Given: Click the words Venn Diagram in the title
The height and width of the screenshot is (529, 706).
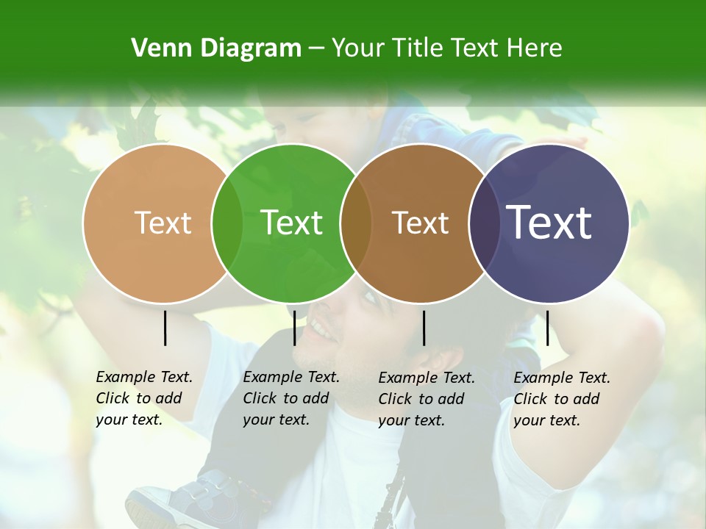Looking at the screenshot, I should [216, 48].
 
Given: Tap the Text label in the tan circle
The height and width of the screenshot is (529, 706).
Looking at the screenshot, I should [163, 223].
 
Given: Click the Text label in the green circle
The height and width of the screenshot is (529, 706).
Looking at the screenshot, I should [292, 223].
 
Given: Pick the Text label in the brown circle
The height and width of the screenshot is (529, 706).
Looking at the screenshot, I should [421, 223].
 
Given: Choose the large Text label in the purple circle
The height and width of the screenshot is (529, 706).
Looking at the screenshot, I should [549, 223].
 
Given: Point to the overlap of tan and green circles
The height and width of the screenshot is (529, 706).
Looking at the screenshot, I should [227, 223].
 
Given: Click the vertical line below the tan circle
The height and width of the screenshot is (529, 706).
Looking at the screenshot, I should [165, 328].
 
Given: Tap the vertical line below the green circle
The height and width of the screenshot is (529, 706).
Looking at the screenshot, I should [295, 328].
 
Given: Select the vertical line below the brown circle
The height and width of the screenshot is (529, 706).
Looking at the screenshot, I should [424, 328].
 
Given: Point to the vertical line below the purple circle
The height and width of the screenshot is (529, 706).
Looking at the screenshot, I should [547, 328].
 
